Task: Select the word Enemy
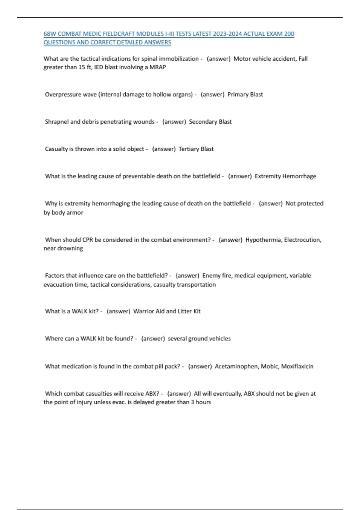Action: tap(211, 276)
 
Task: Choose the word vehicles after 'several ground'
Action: tap(220, 339)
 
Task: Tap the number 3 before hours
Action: tap(193, 402)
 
